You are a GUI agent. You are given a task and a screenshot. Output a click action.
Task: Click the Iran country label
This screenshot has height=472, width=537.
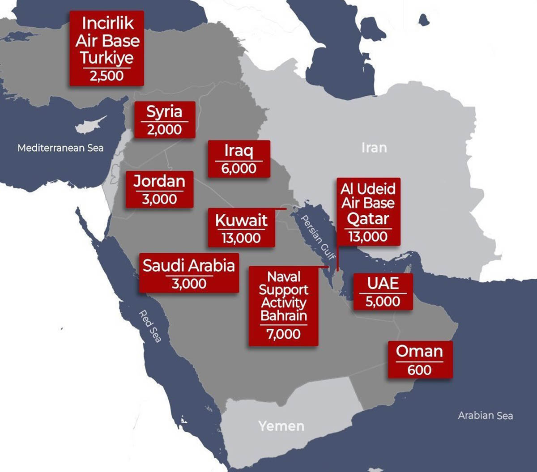tap(374, 148)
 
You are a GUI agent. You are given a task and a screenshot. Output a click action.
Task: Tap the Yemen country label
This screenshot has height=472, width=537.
tap(281, 426)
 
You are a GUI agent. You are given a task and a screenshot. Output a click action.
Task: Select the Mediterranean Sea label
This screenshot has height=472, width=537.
tap(60, 148)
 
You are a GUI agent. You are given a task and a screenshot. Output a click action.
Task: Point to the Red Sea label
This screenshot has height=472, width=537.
tap(149, 326)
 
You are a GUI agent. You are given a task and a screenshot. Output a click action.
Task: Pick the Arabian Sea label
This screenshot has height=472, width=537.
tap(485, 416)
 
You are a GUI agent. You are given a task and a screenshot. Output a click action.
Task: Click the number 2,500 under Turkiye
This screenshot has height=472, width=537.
tap(107, 76)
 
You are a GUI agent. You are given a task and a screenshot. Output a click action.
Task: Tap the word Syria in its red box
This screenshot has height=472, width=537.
tap(164, 111)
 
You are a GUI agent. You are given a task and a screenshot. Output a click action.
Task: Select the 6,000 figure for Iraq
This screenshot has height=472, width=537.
tap(239, 169)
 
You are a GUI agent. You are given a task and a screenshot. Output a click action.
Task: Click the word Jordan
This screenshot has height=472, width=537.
tap(159, 181)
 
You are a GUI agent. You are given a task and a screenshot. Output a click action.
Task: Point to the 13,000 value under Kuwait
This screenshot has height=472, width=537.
tap(241, 238)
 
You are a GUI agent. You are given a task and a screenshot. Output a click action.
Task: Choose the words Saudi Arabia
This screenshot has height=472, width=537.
tap(189, 265)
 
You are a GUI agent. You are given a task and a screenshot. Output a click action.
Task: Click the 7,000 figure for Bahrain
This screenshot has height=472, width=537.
tap(283, 334)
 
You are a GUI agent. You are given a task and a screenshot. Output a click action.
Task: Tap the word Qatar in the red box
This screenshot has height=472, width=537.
tap(368, 219)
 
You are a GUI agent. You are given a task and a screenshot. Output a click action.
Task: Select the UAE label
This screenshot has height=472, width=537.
tap(383, 284)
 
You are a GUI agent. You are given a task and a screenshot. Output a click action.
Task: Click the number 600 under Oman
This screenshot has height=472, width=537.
tap(419, 370)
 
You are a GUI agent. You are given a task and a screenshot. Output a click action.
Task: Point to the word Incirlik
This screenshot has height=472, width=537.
tap(107, 23)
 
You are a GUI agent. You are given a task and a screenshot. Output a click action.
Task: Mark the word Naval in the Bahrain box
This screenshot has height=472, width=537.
tap(283, 276)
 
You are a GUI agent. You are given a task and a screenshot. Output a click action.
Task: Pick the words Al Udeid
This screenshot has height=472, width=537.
tap(368, 189)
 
